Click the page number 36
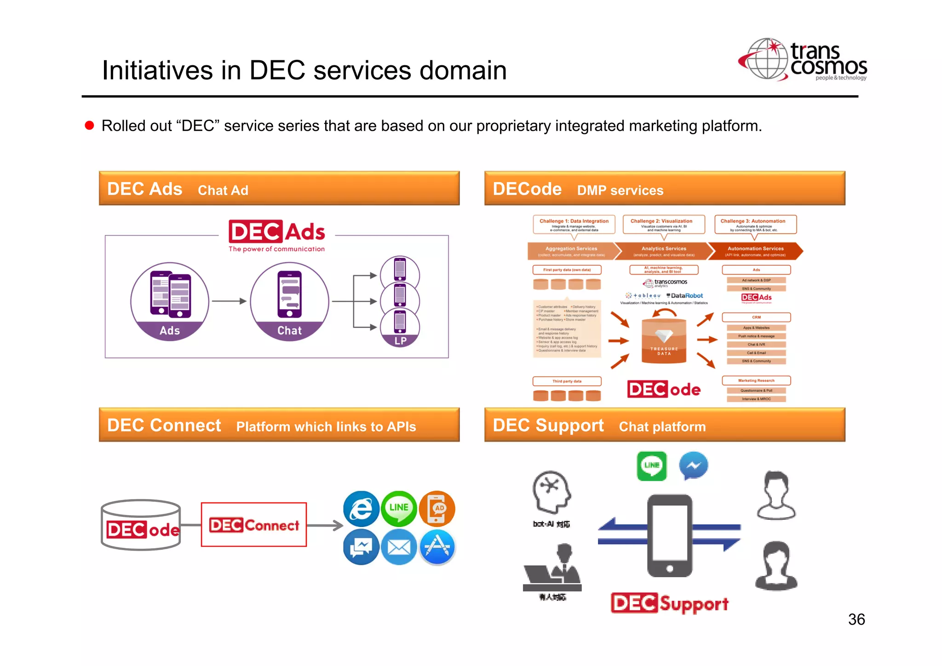[856, 619]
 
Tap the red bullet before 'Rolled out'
[90, 126]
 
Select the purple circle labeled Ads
[170, 301]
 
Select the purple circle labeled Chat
[289, 301]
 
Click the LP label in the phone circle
[400, 341]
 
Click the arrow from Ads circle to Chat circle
[229, 301]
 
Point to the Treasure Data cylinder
[664, 341]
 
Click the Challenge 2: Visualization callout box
[663, 224]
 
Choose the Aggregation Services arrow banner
[572, 251]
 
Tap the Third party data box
[567, 381]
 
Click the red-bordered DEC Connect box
[254, 525]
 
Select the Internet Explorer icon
[361, 509]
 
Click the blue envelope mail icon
[399, 547]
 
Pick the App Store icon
[437, 547]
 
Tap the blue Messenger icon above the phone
[693, 465]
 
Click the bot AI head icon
[551, 491]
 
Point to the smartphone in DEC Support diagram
[669, 535]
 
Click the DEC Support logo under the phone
[669, 603]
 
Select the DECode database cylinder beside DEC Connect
[141, 525]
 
